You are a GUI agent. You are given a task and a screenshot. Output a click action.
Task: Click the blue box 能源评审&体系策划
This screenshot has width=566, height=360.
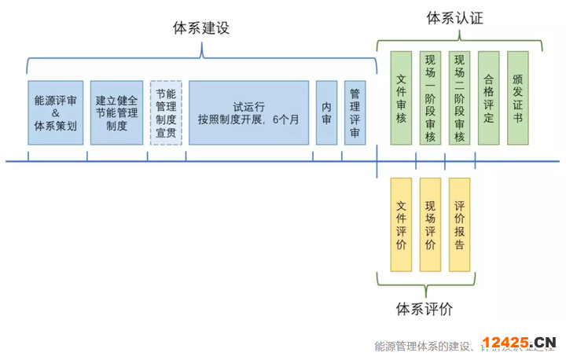click(x=55, y=112)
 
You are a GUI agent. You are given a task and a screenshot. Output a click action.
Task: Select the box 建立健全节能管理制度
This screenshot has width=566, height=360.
click(x=116, y=112)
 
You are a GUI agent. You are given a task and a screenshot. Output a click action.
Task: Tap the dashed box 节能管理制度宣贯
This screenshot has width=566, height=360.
click(x=165, y=112)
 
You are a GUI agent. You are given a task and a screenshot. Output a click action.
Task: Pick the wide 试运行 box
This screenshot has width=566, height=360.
click(x=248, y=112)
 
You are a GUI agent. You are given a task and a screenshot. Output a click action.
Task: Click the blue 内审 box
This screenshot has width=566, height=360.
click(x=326, y=112)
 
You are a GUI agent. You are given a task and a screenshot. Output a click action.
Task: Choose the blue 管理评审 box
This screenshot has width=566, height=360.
click(x=355, y=112)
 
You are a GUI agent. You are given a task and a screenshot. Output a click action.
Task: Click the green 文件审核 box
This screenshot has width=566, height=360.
click(x=401, y=98)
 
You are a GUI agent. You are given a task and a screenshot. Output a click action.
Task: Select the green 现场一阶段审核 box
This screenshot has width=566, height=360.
click(x=431, y=98)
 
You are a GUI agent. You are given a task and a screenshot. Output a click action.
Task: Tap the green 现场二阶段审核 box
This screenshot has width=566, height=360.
click(x=459, y=98)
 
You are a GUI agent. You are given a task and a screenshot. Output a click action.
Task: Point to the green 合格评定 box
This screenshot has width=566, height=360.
click(x=488, y=98)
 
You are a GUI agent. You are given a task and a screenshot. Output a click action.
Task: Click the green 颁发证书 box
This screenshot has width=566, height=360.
click(x=518, y=98)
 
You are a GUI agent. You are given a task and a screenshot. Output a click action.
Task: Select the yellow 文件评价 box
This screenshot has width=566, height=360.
click(x=401, y=225)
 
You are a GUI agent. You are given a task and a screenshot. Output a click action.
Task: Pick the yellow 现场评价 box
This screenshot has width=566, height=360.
click(x=430, y=225)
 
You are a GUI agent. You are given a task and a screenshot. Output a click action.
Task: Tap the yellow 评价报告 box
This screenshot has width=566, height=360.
click(x=459, y=225)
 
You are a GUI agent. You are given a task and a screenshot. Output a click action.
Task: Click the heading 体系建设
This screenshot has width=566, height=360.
click(x=201, y=28)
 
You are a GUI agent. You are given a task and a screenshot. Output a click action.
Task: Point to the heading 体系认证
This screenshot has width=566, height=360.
click(x=454, y=18)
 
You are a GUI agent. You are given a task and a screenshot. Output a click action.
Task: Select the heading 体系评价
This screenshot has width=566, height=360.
click(x=424, y=308)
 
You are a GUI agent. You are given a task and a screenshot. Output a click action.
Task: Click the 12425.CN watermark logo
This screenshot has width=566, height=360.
click(x=520, y=343)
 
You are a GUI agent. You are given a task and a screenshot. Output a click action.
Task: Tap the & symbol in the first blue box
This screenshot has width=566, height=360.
click(x=55, y=112)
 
